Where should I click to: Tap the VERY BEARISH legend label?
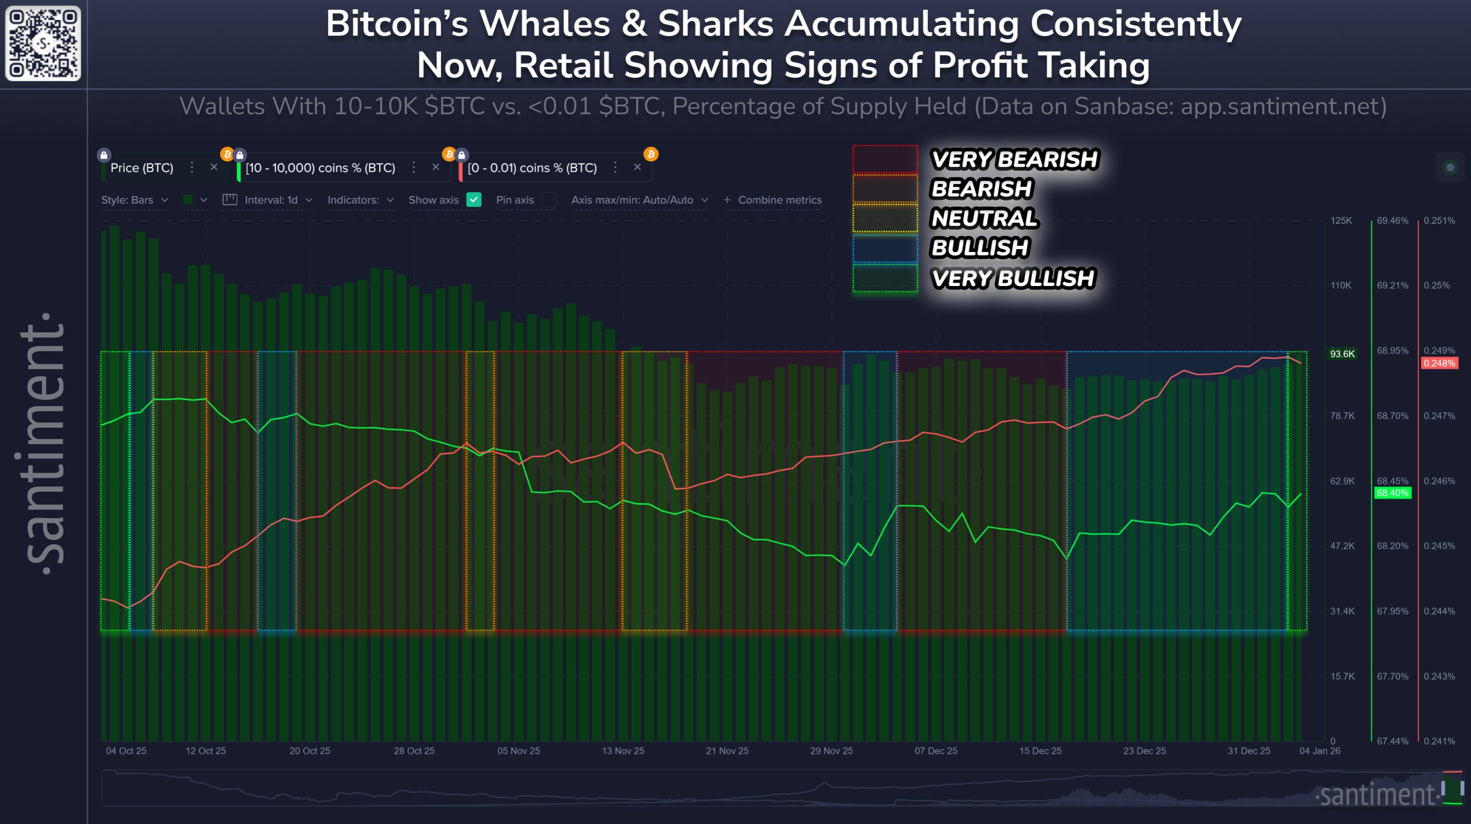coord(1014,159)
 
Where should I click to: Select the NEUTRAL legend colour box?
coord(885,218)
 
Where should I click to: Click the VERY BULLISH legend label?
coord(1012,278)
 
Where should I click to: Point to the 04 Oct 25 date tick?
coord(126,751)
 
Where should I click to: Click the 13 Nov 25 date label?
coord(622,751)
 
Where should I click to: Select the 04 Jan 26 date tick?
coord(1319,751)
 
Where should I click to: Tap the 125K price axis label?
coord(1341,220)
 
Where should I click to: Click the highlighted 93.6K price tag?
coord(1341,354)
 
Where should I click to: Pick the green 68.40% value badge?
coord(1392,492)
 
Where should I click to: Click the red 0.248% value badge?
coord(1439,363)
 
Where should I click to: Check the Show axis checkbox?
coord(474,200)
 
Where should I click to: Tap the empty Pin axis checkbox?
coord(549,200)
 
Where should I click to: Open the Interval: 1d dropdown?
coord(277,200)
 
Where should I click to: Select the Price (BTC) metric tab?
coord(142,168)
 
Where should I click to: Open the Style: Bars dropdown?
coord(134,200)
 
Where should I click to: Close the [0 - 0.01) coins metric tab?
coord(637,167)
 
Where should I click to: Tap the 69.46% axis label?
coord(1392,220)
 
